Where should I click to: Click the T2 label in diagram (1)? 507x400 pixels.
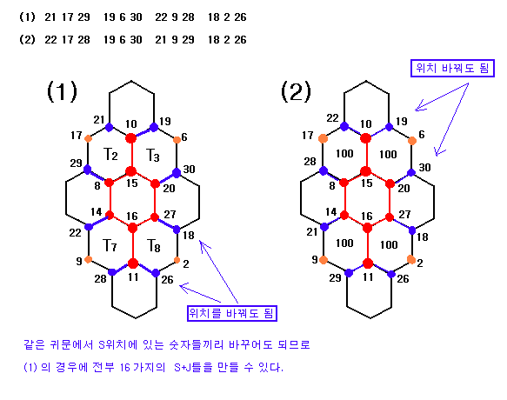(x=110, y=154)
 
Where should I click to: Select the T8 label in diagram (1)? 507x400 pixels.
(x=154, y=245)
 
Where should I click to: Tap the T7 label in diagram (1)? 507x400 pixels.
(x=110, y=245)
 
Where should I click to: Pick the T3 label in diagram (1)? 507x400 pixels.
(x=152, y=155)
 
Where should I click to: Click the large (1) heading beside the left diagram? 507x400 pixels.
(x=62, y=91)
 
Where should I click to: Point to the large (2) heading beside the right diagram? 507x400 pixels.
(x=296, y=91)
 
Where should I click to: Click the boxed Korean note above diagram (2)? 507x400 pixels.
(x=452, y=68)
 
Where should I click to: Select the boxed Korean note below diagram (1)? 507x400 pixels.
(x=232, y=313)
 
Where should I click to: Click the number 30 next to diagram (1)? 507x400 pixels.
(x=190, y=169)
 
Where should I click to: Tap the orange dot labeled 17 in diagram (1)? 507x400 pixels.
(x=88, y=139)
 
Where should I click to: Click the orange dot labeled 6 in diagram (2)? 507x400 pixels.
(x=412, y=141)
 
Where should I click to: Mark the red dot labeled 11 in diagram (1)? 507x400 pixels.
(x=133, y=263)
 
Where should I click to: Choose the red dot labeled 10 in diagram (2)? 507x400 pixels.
(x=366, y=138)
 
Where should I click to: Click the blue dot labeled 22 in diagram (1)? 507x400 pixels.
(x=89, y=227)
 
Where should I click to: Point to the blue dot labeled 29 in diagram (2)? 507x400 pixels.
(x=349, y=273)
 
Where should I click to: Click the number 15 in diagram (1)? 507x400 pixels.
(x=132, y=183)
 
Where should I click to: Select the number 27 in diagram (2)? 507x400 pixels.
(x=404, y=214)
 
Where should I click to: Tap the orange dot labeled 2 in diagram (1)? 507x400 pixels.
(x=177, y=260)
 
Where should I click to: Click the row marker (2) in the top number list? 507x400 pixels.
(x=27, y=39)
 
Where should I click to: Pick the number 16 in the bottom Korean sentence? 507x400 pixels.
(x=125, y=367)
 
